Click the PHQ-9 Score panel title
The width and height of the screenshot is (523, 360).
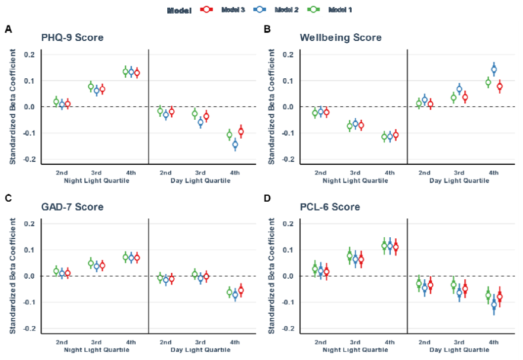[x=72, y=38]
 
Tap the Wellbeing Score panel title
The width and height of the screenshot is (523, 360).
[x=340, y=38]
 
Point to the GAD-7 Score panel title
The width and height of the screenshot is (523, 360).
[x=72, y=207]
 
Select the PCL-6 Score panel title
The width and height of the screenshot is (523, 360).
[x=330, y=207]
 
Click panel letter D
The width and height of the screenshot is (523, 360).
[x=267, y=197]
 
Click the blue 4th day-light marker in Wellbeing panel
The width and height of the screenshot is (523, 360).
[x=494, y=69]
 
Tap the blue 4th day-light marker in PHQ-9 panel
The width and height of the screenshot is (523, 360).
[x=235, y=144]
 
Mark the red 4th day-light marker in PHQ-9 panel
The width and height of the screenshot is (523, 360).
[x=241, y=132]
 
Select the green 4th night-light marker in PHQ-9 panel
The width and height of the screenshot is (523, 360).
[x=126, y=72]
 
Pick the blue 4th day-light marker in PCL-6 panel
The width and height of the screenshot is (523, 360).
[x=494, y=305]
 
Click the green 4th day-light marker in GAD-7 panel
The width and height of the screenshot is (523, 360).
[x=229, y=292]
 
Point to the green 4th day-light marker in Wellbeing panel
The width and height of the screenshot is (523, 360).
[x=488, y=83]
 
